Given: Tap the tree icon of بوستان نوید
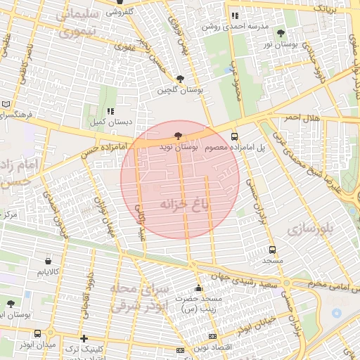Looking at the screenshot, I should click(x=177, y=136).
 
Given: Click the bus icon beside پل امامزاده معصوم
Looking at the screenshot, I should click(x=234, y=137).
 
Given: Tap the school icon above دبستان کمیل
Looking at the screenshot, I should click(x=110, y=111).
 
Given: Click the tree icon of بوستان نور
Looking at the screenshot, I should click(x=281, y=33).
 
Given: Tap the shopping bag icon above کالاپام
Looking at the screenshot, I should click(x=48, y=260).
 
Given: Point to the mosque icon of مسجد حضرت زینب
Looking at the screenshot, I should click(x=198, y=288).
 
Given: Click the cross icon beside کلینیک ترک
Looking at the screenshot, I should click(x=84, y=338).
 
